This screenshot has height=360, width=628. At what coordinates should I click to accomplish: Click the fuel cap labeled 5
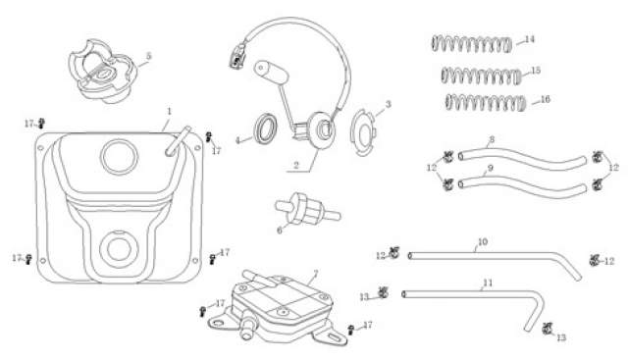[102, 72]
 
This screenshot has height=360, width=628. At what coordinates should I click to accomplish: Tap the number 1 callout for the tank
[169, 111]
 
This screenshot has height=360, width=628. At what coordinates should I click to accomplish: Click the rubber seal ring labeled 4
[265, 129]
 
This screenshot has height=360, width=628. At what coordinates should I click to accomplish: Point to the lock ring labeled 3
[362, 132]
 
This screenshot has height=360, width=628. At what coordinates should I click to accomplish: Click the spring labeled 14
[472, 43]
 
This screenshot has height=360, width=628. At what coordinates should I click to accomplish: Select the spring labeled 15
[482, 76]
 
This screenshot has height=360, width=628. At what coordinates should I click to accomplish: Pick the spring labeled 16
[485, 103]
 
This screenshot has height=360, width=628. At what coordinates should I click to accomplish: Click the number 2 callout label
[296, 165]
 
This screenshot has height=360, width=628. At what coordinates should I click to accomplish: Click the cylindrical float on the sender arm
[272, 72]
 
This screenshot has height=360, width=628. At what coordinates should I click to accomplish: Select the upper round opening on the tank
[119, 156]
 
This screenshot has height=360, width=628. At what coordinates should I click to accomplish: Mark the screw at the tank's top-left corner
[41, 123]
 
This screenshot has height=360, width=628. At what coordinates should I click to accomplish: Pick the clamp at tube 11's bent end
[548, 329]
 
